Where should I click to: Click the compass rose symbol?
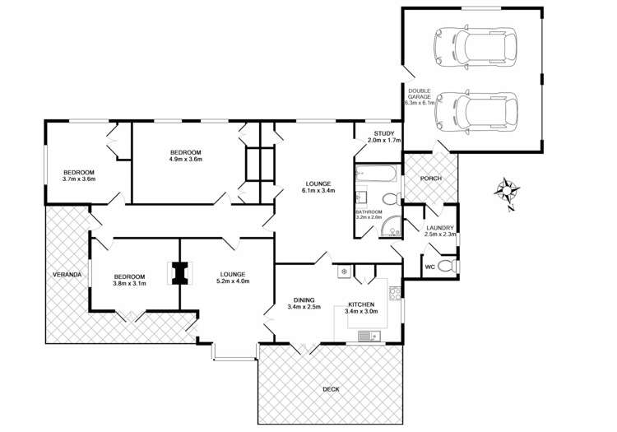(x=507, y=191)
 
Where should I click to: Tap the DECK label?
(x=331, y=389)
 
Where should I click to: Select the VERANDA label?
(x=67, y=274)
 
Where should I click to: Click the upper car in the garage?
(x=475, y=45)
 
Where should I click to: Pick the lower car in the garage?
(x=476, y=113)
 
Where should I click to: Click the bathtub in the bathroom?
(x=377, y=174)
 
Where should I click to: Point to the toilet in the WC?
(x=446, y=267)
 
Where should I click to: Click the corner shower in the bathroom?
(x=391, y=227)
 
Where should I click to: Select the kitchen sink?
(x=369, y=336)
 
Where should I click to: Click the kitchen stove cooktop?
(x=395, y=293)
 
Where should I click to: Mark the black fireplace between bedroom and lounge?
(x=180, y=273)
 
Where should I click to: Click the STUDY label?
(x=383, y=133)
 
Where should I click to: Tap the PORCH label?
(x=431, y=179)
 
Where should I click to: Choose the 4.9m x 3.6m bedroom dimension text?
(x=186, y=160)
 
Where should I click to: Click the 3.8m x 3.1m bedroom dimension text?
(x=129, y=283)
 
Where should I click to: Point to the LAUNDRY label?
(x=440, y=228)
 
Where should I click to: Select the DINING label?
(x=304, y=300)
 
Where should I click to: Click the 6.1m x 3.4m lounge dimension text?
(x=318, y=191)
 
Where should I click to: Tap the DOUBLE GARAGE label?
(x=419, y=94)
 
